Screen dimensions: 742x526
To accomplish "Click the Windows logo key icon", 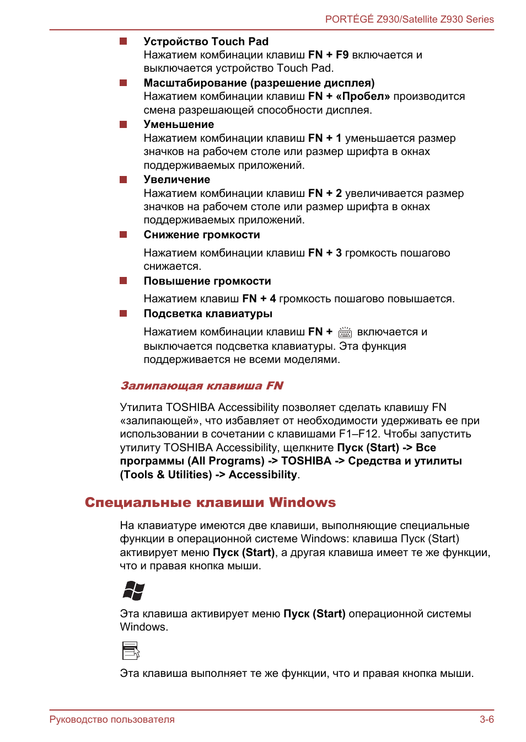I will (x=133, y=590).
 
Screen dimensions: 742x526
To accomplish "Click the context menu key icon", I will (x=131, y=650).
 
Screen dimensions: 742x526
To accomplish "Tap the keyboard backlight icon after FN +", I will (x=345, y=332).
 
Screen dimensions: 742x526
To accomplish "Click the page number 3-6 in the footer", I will (x=486, y=719).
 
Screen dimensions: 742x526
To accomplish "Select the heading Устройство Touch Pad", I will (x=206, y=41).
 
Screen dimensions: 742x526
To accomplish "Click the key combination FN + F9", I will (x=328, y=55).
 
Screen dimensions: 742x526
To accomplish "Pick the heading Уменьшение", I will (x=179, y=124).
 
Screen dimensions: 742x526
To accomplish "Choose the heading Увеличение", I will (x=176, y=179).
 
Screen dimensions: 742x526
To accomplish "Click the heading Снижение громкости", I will (x=202, y=234).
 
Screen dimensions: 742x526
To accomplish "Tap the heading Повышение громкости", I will (x=207, y=281).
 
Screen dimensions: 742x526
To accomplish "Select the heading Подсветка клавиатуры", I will (x=208, y=313).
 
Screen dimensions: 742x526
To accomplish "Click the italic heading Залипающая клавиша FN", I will (x=202, y=386).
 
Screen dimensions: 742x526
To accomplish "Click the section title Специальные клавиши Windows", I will (x=210, y=503).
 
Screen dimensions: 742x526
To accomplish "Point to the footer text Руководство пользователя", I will (x=112, y=719).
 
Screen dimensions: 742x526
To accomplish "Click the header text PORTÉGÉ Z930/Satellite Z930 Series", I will (x=409, y=19).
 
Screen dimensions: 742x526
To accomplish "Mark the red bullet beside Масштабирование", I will (x=124, y=83).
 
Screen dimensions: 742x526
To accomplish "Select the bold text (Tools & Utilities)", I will (x=165, y=474).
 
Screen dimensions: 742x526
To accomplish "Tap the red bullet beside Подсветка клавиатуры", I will (x=124, y=313).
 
